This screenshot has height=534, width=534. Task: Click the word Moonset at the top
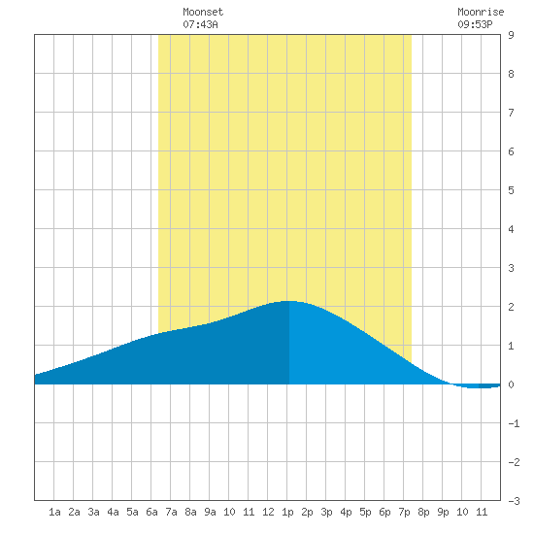pos(203,12)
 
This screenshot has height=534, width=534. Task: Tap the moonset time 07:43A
pos(200,24)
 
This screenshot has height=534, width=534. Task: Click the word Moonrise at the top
pos(481,12)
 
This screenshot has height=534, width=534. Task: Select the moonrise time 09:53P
pos(475,24)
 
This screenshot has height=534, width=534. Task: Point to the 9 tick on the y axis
pos(511,35)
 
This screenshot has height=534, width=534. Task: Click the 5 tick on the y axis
pos(511,190)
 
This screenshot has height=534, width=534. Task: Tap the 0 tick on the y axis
pos(511,384)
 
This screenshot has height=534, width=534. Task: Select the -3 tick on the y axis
pos(514,501)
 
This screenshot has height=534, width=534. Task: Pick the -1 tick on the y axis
pos(514,423)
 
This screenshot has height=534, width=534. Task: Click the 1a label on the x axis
pos(54,512)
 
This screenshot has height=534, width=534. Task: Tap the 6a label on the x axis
pos(151,512)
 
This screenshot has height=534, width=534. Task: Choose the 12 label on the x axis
pos(268,512)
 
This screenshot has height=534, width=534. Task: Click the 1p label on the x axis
pos(287,512)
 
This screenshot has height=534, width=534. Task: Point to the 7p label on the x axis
pos(404,512)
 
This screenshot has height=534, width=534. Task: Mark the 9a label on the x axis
pos(210,512)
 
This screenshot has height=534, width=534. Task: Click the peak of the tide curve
pos(288,301)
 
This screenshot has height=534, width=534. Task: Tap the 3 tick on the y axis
pos(511,268)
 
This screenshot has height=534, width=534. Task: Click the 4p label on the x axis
pos(346,512)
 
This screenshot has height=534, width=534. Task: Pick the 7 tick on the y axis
pos(511,113)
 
